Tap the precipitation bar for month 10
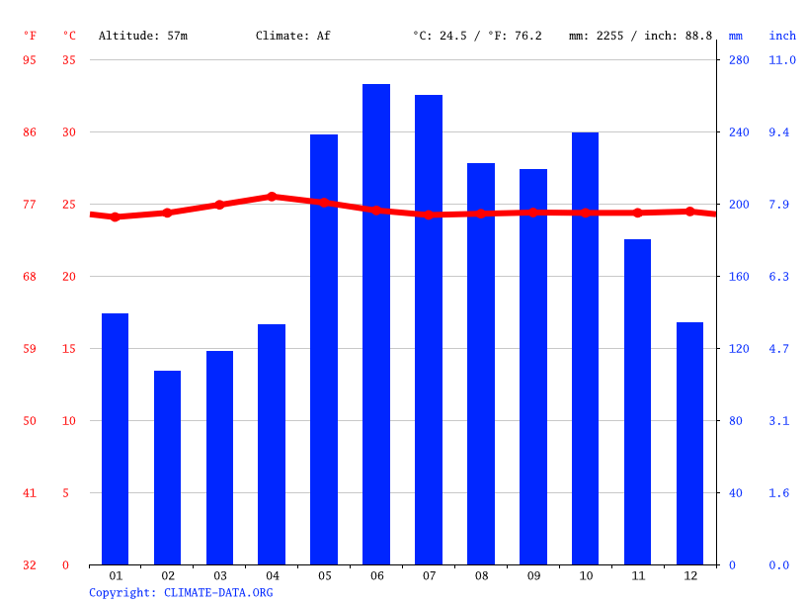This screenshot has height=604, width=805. point(585,348)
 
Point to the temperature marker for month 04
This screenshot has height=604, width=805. point(272,197)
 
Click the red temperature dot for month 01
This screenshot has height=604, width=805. point(116,216)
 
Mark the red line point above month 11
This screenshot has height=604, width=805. point(637,213)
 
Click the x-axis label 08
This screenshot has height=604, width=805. point(481,575)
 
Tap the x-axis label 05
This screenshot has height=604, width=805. point(324,575)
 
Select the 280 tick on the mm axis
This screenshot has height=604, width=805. point(739,60)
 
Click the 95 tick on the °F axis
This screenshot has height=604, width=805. point(30,60)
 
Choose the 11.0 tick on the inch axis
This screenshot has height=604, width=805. point(782,60)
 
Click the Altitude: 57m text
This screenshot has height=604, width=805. point(143,36)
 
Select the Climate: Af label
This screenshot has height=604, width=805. point(293,36)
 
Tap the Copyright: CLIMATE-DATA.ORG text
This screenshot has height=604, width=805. point(181,593)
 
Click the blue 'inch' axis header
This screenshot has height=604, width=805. point(782,36)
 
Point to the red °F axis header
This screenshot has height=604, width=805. point(30,36)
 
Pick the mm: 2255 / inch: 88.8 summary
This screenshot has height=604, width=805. point(640,36)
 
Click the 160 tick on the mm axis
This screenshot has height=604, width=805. point(739,277)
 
